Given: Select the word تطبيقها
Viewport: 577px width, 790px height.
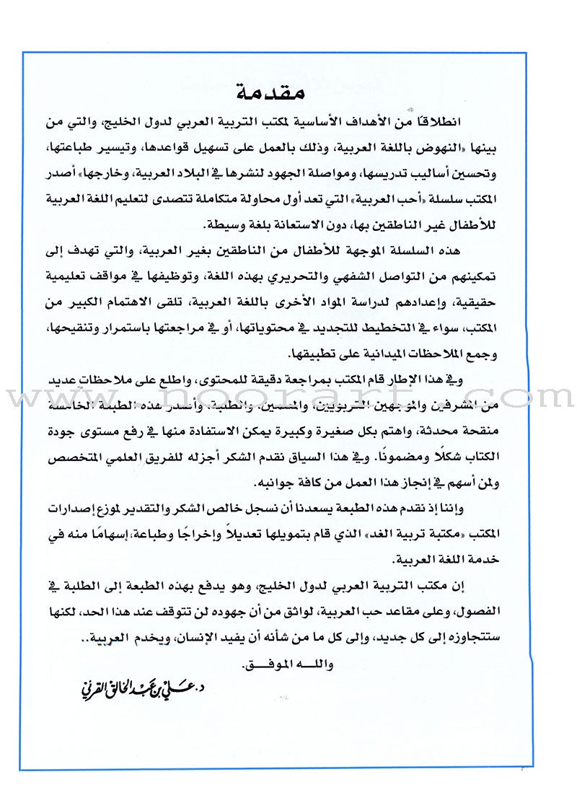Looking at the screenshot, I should (x=312, y=356).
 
